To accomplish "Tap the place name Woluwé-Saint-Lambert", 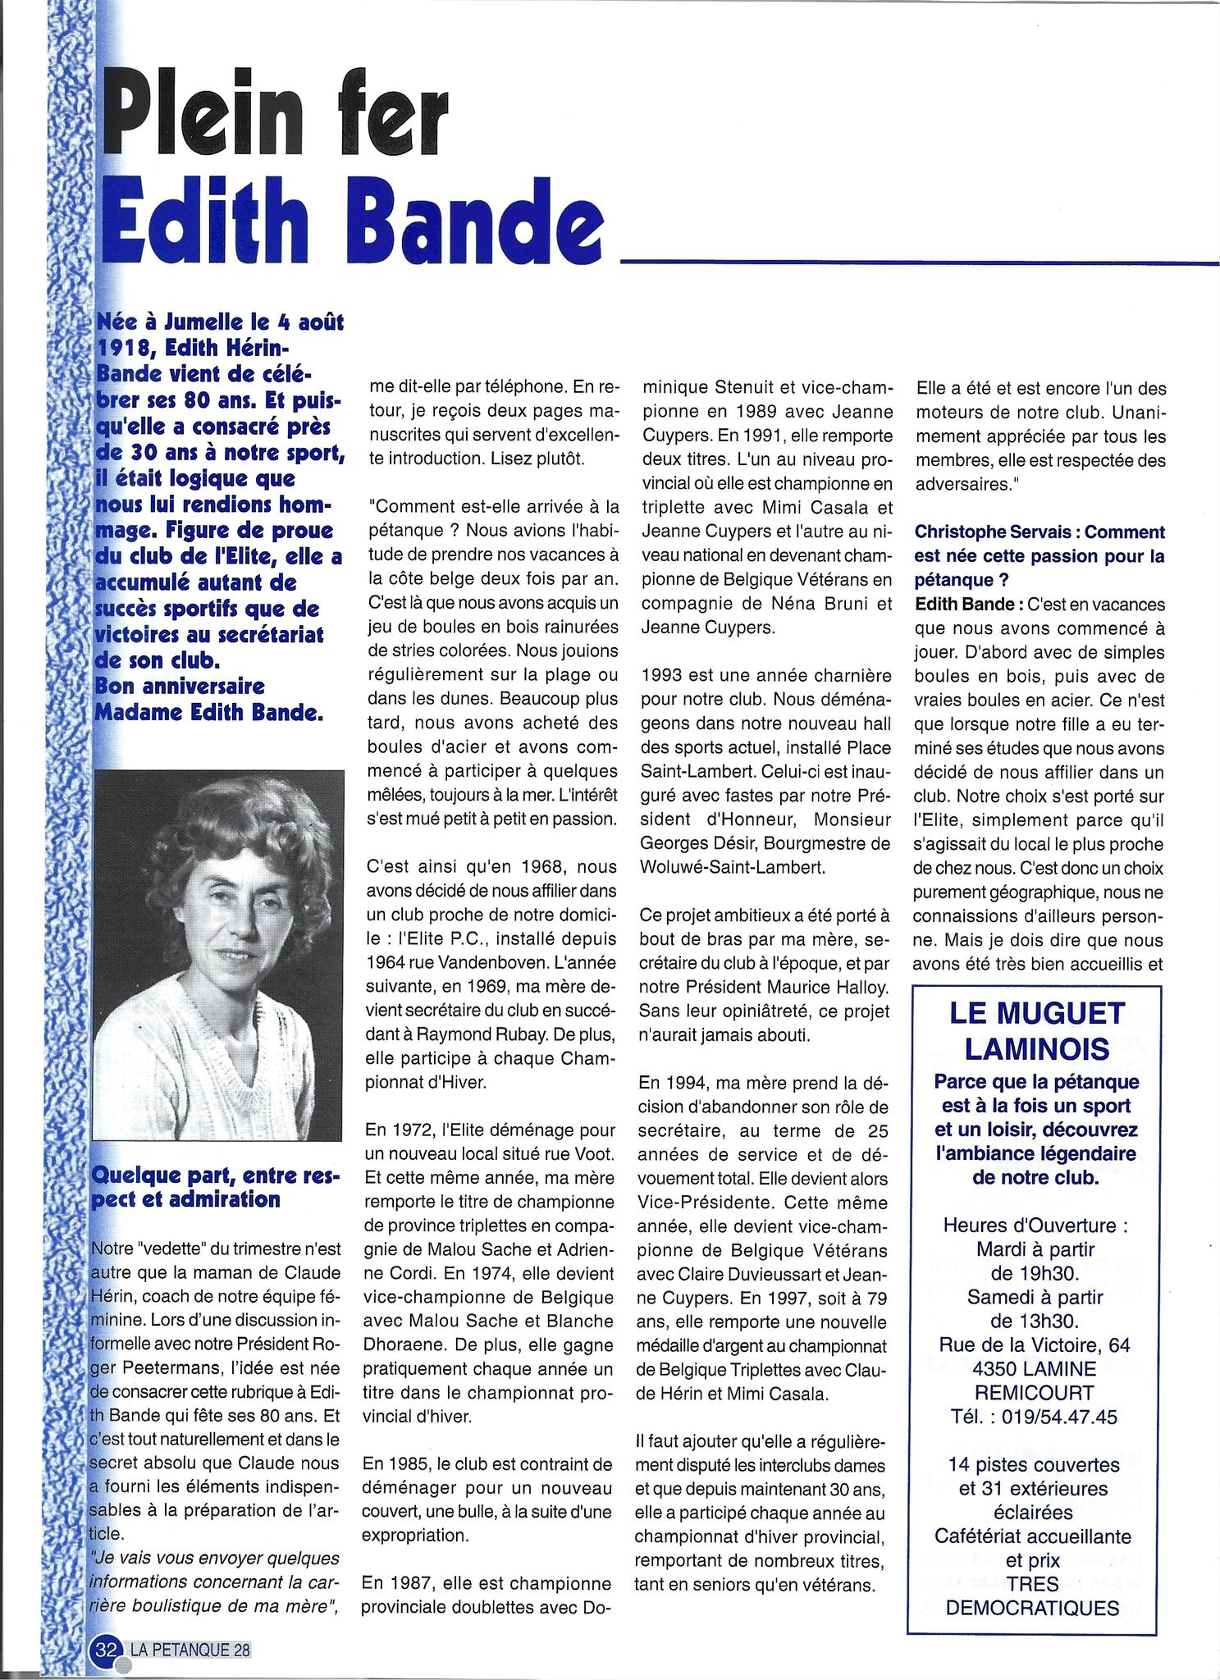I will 730,867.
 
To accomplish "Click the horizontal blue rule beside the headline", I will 919,262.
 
